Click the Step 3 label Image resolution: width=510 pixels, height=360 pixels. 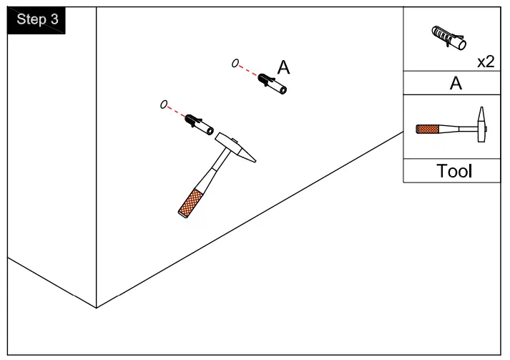pyautogui.click(x=37, y=20)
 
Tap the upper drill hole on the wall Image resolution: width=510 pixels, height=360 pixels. pyautogui.click(x=235, y=64)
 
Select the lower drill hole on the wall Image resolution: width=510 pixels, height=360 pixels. pyautogui.click(x=164, y=105)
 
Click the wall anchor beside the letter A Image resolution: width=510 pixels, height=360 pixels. pyautogui.click(x=273, y=83)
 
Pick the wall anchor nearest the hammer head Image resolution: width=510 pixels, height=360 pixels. pyautogui.click(x=198, y=123)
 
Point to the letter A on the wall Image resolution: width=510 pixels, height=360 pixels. pyautogui.click(x=284, y=67)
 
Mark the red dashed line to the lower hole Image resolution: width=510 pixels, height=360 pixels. pyautogui.click(x=177, y=112)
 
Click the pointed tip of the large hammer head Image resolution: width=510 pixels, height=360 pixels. pyautogui.click(x=253, y=158)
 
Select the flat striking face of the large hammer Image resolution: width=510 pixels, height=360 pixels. pyautogui.click(x=218, y=136)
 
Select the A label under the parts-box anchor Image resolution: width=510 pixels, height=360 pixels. pyautogui.click(x=455, y=84)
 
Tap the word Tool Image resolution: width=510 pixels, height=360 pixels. pyautogui.click(x=454, y=172)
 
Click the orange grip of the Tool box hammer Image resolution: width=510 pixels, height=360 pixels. pyautogui.click(x=427, y=130)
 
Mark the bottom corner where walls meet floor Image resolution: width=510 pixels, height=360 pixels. pyautogui.click(x=97, y=308)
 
